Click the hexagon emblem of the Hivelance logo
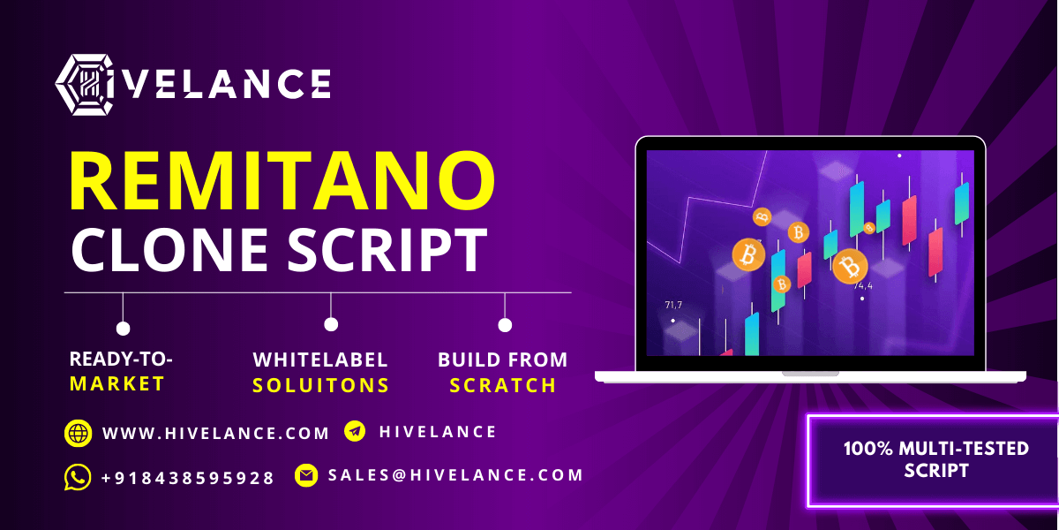[85, 85]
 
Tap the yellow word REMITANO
[282, 180]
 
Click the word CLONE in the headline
[169, 249]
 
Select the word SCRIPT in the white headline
[387, 249]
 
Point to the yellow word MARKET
[116, 383]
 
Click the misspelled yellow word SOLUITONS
[320, 386]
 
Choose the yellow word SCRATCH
[502, 386]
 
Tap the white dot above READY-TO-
[123, 329]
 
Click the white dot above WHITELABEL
[331, 325]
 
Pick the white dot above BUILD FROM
[505, 325]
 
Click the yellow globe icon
[78, 433]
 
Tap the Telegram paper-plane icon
[355, 431]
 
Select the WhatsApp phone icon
[78, 477]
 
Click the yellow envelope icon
[306, 475]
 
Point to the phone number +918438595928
[188, 478]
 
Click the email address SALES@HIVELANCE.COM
[455, 475]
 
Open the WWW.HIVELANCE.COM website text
[215, 433]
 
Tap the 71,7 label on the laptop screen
[673, 306]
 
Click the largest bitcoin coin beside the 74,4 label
[850, 267]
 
